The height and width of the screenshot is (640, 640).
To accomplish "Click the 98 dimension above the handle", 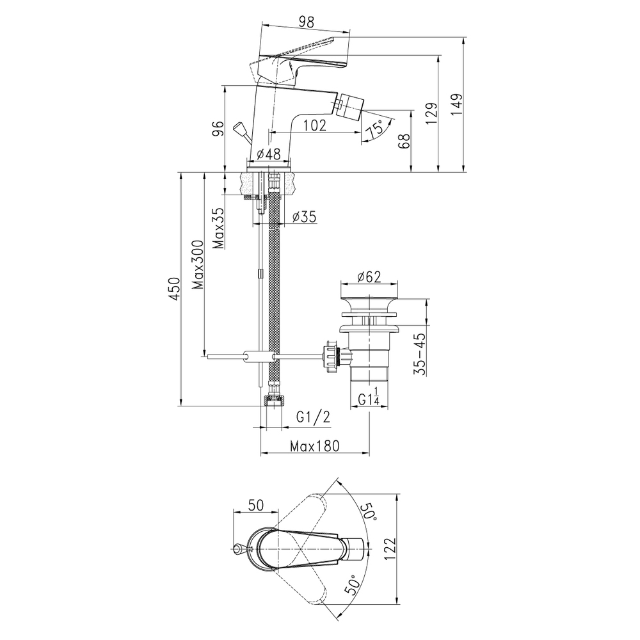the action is [307, 22].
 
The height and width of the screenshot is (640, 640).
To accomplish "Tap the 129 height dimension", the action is [431, 113].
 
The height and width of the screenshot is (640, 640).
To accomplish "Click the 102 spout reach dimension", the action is [315, 125].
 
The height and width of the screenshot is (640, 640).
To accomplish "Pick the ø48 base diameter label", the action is [269, 154].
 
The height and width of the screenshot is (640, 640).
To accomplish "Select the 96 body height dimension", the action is [218, 129].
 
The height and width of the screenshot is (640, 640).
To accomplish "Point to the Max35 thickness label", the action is [219, 228].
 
